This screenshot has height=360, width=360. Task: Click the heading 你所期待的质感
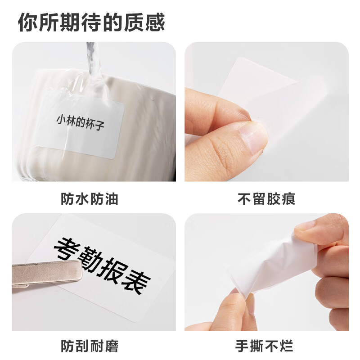[91, 22]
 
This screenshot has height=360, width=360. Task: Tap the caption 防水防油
[90, 199]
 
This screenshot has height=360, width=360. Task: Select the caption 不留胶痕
[266, 199]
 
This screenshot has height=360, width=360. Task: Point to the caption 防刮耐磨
[90, 346]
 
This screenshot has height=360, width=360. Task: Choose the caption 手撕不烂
[264, 346]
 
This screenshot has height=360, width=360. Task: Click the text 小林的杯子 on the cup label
[81, 122]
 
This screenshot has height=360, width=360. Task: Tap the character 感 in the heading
[155, 22]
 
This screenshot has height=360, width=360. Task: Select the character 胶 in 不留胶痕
[274, 199]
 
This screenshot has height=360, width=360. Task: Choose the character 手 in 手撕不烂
[242, 346]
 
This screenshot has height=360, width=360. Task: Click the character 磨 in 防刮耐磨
[112, 346]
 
